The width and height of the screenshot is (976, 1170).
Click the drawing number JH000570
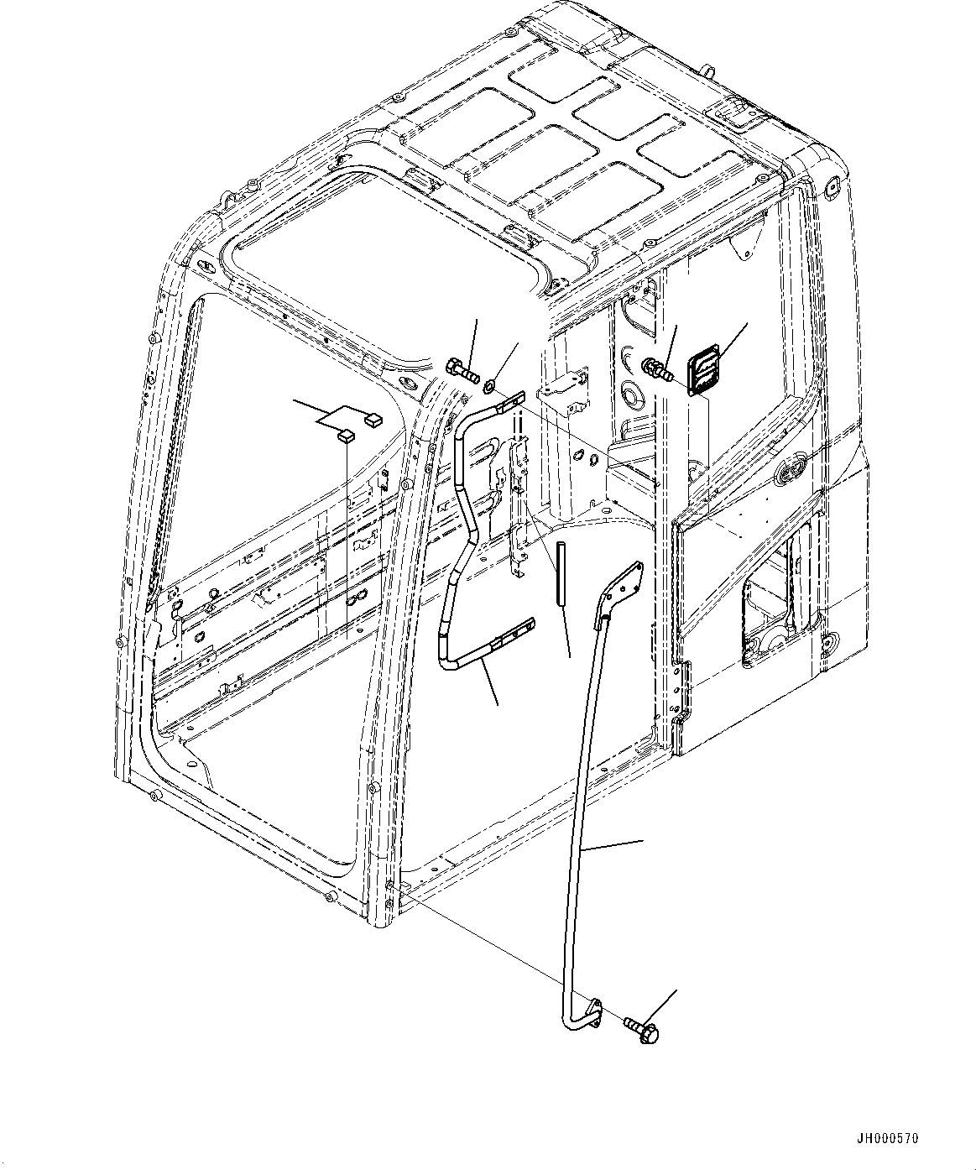888,1139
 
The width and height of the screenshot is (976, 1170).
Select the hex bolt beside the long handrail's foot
641,1029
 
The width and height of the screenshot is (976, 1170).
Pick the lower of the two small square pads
345,435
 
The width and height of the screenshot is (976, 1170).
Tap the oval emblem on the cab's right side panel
791,471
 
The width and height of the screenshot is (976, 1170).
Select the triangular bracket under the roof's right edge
741,247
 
